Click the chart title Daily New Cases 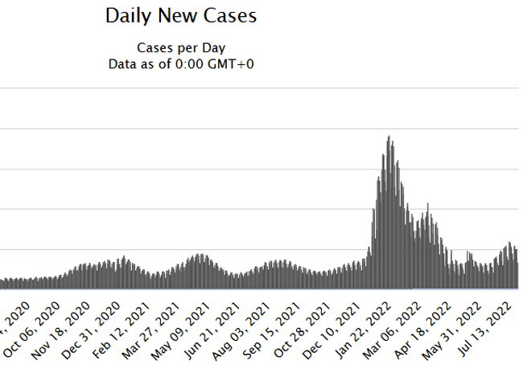point(180,15)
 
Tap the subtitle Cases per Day point(180,48)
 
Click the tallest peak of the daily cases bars point(389,138)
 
